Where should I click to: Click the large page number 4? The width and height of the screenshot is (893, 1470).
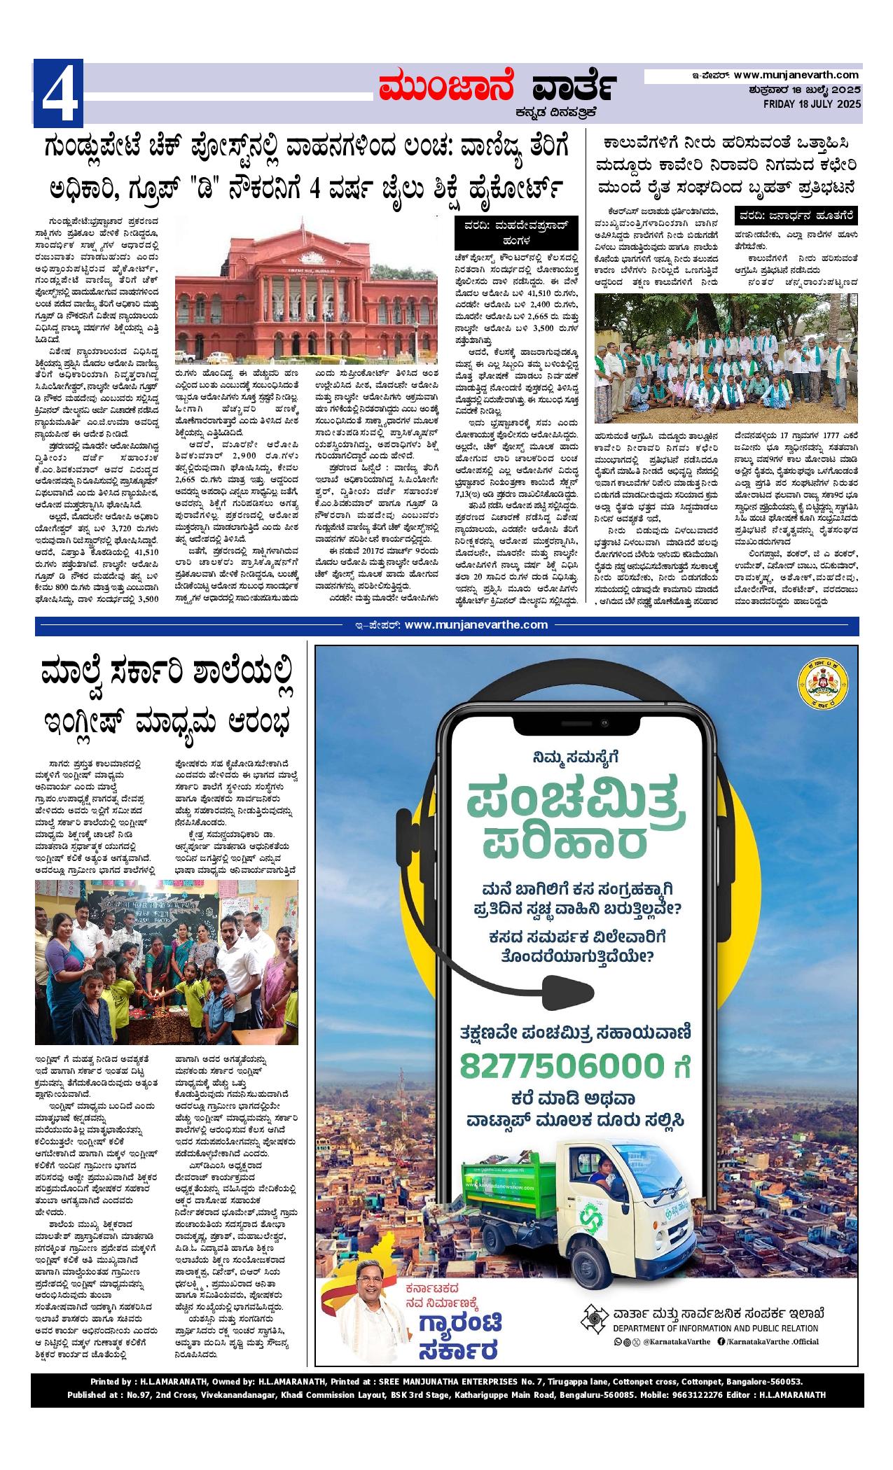(59, 94)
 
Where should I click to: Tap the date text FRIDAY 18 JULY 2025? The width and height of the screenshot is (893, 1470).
(812, 104)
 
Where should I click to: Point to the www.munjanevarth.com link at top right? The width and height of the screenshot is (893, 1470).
(796, 75)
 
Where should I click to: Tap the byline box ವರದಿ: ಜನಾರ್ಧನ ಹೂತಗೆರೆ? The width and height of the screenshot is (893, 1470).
(796, 216)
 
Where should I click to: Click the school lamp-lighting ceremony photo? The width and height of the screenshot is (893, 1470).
(167, 962)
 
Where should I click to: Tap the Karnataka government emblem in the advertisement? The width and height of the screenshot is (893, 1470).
(822, 687)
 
